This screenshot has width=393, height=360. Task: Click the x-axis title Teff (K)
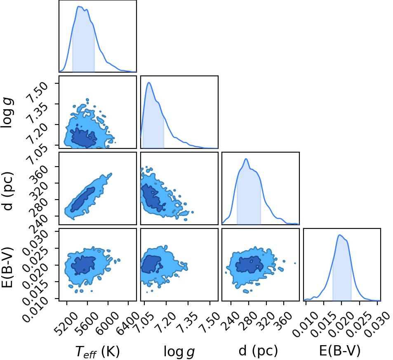pyautogui.click(x=97, y=351)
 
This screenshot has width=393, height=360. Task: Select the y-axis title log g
pyautogui.click(x=7, y=113)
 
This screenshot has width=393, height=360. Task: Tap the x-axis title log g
pyautogui.click(x=179, y=351)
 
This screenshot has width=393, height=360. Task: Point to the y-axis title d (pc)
pyautogui.click(x=7, y=191)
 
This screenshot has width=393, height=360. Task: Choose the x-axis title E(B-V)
pyautogui.click(x=340, y=351)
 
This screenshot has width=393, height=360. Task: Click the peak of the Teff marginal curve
pyautogui.click(x=79, y=6)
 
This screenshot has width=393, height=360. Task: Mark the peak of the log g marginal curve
pyautogui.click(x=149, y=82)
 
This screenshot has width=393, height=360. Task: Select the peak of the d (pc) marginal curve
pyautogui.click(x=246, y=159)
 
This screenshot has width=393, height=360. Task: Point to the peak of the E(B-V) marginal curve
pyautogui.click(x=340, y=235)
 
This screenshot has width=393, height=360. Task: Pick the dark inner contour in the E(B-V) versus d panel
pyautogui.click(x=249, y=265)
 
